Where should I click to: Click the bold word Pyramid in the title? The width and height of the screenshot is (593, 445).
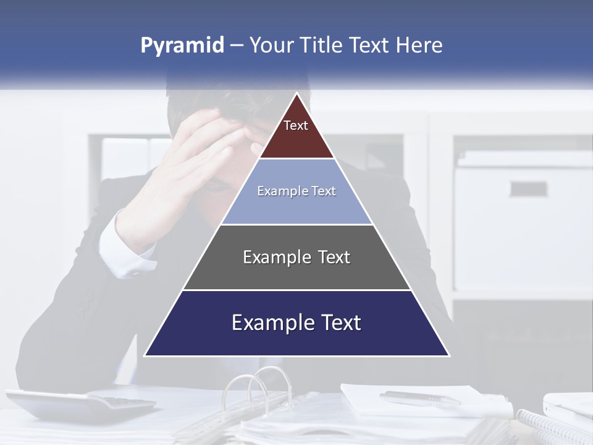(x=182, y=46)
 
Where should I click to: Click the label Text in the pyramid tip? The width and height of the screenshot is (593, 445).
(x=296, y=125)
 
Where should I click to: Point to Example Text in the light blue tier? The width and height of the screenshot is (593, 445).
(x=296, y=191)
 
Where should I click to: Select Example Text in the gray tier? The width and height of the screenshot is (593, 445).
(x=296, y=257)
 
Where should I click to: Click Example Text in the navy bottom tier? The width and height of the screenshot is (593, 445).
(x=296, y=323)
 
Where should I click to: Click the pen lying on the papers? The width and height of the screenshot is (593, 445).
(x=420, y=397)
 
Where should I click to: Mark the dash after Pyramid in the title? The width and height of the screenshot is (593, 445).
(x=237, y=46)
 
